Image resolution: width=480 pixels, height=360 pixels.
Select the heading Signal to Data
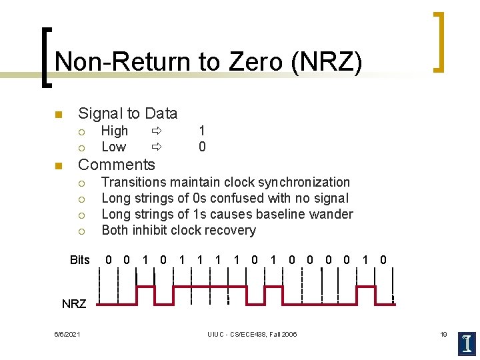coord(128,113)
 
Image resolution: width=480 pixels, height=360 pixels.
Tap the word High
coord(115,131)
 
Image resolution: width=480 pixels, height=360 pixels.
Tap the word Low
coord(113,147)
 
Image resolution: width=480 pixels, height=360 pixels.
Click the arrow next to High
coord(156,131)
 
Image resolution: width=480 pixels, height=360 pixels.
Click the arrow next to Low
coord(156,147)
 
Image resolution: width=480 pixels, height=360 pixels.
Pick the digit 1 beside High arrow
coord(202,131)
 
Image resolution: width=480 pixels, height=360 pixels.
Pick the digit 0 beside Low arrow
coord(202,147)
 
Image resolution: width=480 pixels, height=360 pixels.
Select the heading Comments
coord(117,165)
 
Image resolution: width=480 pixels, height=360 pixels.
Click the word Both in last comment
coord(115,231)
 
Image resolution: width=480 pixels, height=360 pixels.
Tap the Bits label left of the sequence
coord(79,260)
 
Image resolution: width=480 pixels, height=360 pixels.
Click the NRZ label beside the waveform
coord(74,304)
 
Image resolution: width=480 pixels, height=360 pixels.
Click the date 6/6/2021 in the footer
coord(67,334)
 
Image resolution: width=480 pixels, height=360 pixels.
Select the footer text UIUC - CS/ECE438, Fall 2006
coord(252,334)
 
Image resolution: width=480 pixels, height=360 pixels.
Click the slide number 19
coord(443,334)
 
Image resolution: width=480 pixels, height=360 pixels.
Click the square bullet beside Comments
coord(58,165)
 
